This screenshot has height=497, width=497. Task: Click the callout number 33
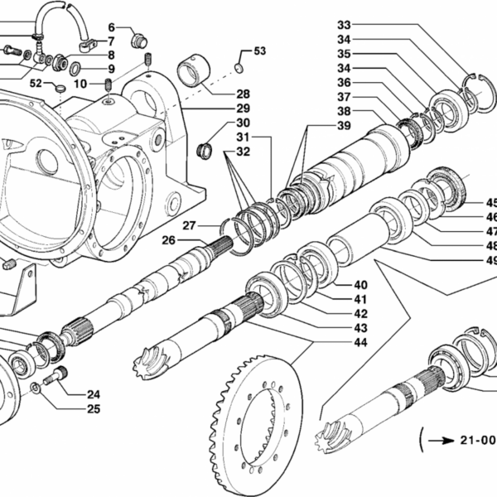pos(344,24)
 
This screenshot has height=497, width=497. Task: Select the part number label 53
pos(260,51)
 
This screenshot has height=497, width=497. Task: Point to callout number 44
pos(360,342)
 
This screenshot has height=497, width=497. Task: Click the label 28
pos(243,94)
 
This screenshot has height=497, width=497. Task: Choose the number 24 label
pos(94,394)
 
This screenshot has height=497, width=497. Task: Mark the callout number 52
pos(36,84)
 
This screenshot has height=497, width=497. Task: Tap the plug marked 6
pos(138,39)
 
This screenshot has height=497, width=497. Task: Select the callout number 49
pos(491,260)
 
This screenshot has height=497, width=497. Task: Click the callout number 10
pos(80,83)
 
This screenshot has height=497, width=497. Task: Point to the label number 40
pos(360,285)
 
